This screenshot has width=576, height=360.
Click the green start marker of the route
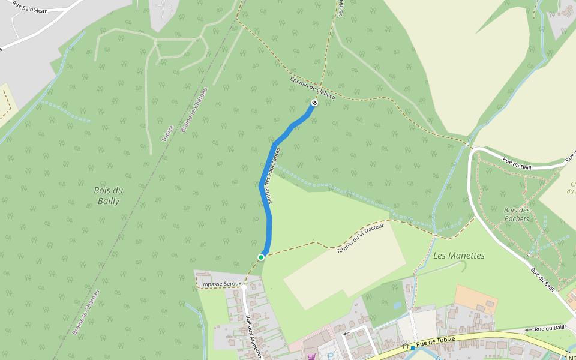click(261, 257)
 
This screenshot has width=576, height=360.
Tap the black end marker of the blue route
click(314, 103)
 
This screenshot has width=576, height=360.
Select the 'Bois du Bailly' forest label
click(109, 196)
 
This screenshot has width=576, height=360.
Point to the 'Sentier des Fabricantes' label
click(274, 175)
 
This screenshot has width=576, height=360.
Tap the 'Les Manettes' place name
click(458, 256)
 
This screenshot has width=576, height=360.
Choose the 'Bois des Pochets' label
click(517, 214)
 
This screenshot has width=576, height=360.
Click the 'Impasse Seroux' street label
click(221, 283)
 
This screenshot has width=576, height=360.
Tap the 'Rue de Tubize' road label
click(436, 341)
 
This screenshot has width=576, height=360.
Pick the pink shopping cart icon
click(311, 356)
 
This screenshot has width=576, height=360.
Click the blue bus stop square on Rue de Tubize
click(413, 348)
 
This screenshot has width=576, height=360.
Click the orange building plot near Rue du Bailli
click(476, 299)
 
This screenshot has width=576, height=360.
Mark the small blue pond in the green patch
click(397, 305)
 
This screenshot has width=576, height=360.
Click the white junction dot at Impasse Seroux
click(244, 287)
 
